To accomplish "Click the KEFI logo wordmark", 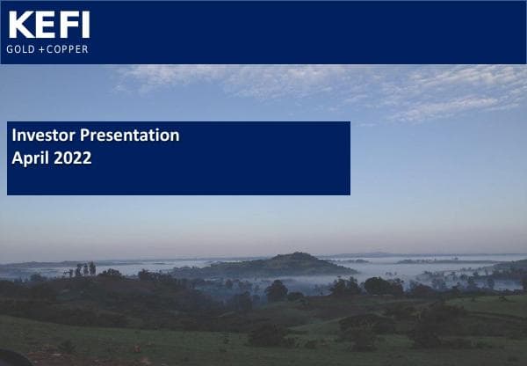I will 48,25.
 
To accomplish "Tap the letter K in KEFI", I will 19,25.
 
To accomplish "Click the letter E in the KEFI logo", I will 44,25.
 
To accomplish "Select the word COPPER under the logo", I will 68,48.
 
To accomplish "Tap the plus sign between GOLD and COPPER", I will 40,48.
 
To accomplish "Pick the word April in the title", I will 29,159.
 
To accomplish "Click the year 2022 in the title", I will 72,159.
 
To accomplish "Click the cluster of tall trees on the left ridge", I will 84,269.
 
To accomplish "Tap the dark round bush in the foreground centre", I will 266,335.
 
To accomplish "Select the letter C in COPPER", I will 51,48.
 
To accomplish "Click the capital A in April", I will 17,159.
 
